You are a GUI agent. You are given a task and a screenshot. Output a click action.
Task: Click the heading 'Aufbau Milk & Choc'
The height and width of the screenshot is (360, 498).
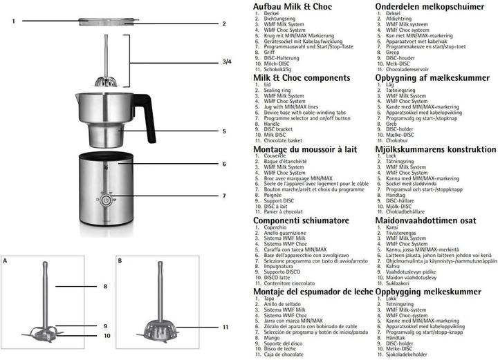(x=293, y=7)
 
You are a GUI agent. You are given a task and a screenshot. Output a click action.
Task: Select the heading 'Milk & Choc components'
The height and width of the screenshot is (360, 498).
(x=302, y=78)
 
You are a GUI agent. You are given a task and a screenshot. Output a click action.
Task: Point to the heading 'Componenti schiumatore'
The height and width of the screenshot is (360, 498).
(x=301, y=220)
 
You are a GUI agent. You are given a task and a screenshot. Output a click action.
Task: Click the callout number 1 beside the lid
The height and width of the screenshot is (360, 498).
(x=13, y=21)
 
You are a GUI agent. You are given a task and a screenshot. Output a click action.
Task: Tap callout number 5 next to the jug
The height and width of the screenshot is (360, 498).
(x=224, y=131)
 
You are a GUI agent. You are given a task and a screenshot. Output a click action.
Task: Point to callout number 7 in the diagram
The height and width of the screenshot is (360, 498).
(x=224, y=196)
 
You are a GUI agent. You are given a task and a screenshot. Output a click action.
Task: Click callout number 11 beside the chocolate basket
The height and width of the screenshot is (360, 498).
(x=225, y=326)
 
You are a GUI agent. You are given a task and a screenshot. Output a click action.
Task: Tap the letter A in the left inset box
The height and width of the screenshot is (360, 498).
(x=6, y=261)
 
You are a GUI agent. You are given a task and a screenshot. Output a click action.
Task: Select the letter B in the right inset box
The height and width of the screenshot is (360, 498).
(x=120, y=261)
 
